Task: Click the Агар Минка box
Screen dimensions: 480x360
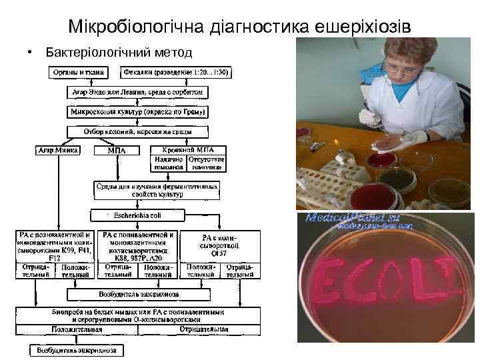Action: coord(59,150)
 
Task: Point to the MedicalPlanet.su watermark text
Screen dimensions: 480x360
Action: coord(359,219)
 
